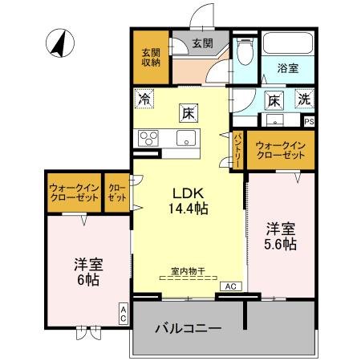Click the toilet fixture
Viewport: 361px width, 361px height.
(x=245, y=50)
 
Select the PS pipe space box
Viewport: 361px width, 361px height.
(x=309, y=121)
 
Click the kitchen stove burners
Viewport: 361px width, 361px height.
(x=150, y=137)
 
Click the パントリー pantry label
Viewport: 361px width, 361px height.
(x=238, y=150)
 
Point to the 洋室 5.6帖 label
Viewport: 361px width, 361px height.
(x=282, y=235)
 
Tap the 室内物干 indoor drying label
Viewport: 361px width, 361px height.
(x=187, y=271)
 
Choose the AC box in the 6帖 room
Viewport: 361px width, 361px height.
(x=124, y=314)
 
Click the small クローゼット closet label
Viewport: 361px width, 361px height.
(x=117, y=193)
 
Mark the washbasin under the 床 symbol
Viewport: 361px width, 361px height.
(x=275, y=121)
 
